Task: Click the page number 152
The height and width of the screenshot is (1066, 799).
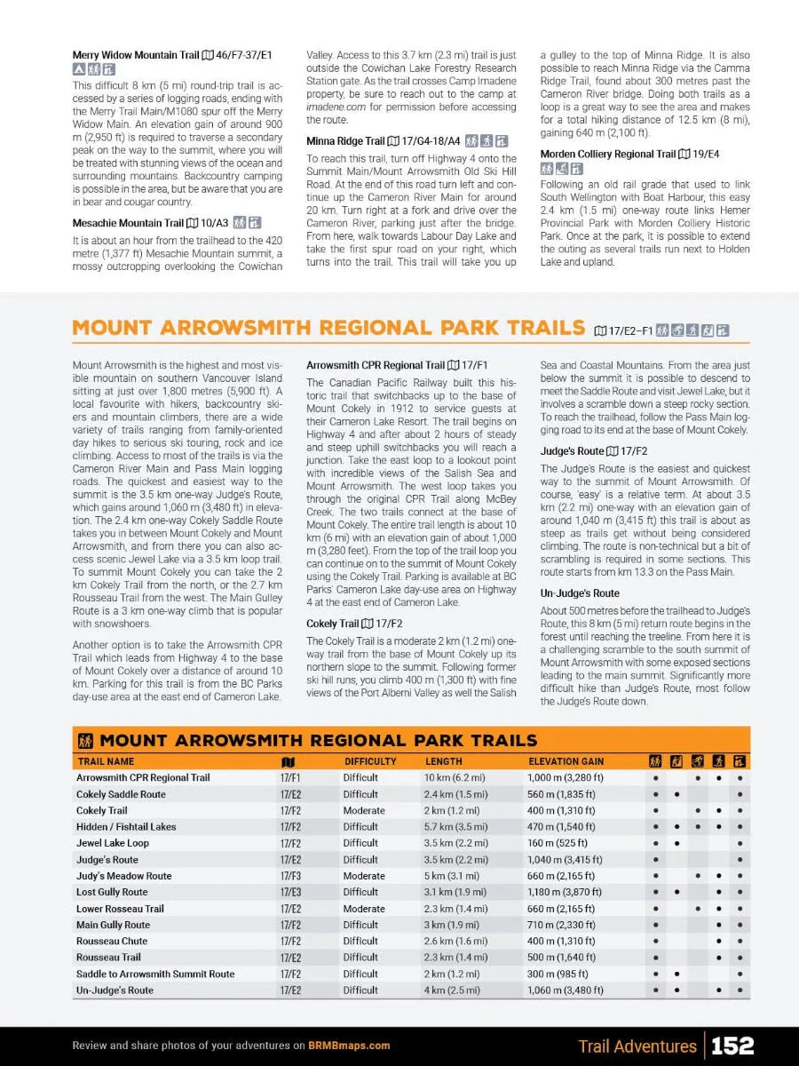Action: click(x=732, y=1046)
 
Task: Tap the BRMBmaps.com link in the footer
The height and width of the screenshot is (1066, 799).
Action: click(x=349, y=1046)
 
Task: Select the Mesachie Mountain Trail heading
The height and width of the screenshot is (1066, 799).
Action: click(x=128, y=223)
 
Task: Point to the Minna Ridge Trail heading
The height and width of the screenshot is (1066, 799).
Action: click(x=345, y=141)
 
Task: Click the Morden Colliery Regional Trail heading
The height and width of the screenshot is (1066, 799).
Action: click(x=608, y=155)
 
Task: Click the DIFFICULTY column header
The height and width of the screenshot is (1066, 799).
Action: click(x=370, y=761)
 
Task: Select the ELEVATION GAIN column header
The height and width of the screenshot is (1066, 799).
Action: click(x=566, y=761)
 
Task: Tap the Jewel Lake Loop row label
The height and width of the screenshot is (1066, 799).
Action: click(x=113, y=843)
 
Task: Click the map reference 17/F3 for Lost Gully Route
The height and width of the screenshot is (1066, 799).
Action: click(x=290, y=892)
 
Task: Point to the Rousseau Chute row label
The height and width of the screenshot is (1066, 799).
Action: click(x=112, y=941)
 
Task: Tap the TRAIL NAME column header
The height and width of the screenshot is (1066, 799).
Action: click(x=106, y=761)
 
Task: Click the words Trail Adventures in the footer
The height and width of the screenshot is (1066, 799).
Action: click(x=637, y=1046)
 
